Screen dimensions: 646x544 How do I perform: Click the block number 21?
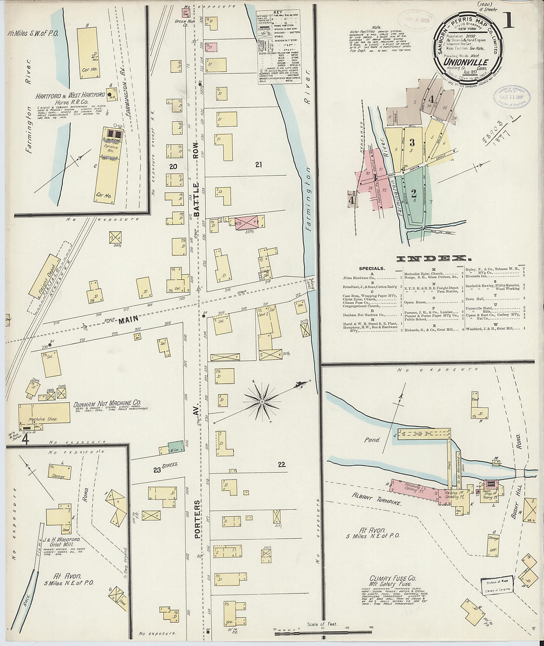click(258, 164)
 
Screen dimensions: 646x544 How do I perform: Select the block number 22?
click(281, 464)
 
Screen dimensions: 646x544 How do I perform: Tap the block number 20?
click(173, 166)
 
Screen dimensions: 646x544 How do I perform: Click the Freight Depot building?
click(43, 277)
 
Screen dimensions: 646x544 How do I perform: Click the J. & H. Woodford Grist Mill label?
click(56, 542)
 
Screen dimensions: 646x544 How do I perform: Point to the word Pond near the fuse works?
click(372, 439)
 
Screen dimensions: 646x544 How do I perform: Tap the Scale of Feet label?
click(321, 624)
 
